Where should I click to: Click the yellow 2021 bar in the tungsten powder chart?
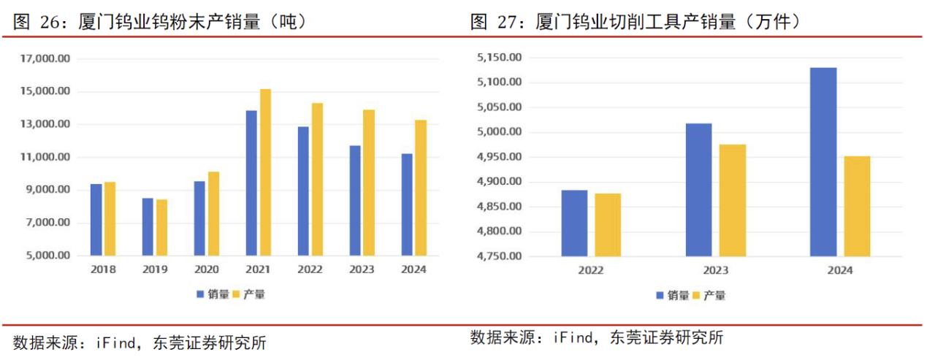[x=265, y=172]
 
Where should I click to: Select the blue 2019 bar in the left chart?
[x=148, y=227]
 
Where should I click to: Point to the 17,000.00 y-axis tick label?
[x=46, y=58]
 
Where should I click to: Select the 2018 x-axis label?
[x=103, y=269]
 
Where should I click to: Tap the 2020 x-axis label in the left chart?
[x=207, y=269]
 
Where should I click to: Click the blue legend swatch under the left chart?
[x=200, y=294]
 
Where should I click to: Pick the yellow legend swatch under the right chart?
[x=696, y=295]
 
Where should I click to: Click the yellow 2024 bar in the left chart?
[x=421, y=188]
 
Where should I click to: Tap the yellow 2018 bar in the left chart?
[x=110, y=219]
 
